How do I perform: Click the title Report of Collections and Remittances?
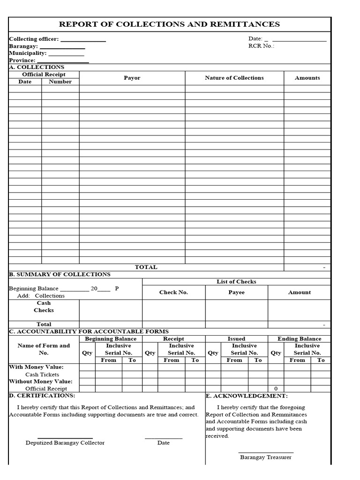pos(169,24)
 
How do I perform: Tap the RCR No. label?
pos(261,46)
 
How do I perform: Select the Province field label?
pos(22,60)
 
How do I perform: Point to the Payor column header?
pos(132,78)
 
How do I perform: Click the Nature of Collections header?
pos(234,78)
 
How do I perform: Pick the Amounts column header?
pos(307,78)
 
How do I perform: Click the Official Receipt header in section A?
pos(44,75)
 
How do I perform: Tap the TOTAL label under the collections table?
pos(146,267)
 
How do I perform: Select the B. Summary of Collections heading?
pos(60,274)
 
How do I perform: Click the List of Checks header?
pos(236,282)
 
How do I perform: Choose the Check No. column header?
pos(173,292)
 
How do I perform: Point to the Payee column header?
pos(236,292)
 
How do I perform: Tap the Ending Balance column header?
pos(299,338)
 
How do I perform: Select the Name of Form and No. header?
pos(44,349)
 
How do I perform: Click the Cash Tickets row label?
pos(42,375)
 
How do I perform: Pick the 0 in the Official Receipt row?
pos(276,389)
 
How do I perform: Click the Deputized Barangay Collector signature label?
pos(65,443)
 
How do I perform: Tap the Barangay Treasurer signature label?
pos(265,457)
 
